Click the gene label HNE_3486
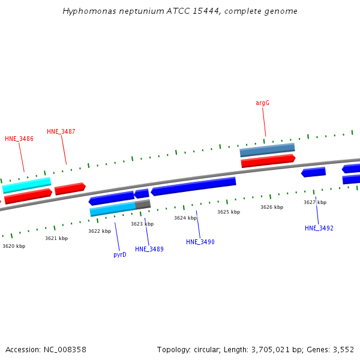(x=19, y=139)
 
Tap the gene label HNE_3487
(x=61, y=131)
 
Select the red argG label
(x=262, y=103)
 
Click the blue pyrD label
(x=120, y=254)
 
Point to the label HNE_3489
(x=149, y=249)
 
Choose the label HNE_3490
(x=200, y=242)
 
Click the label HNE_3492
(x=319, y=228)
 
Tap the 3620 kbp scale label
(x=14, y=246)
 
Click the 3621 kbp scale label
(x=56, y=238)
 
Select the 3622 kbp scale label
(x=100, y=231)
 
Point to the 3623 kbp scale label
(x=142, y=224)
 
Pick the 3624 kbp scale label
(x=185, y=218)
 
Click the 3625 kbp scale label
(x=229, y=212)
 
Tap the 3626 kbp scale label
(x=272, y=207)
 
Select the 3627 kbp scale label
(x=315, y=202)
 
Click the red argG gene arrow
(x=268, y=161)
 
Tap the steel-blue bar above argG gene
(x=267, y=149)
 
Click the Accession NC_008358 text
(x=46, y=349)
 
